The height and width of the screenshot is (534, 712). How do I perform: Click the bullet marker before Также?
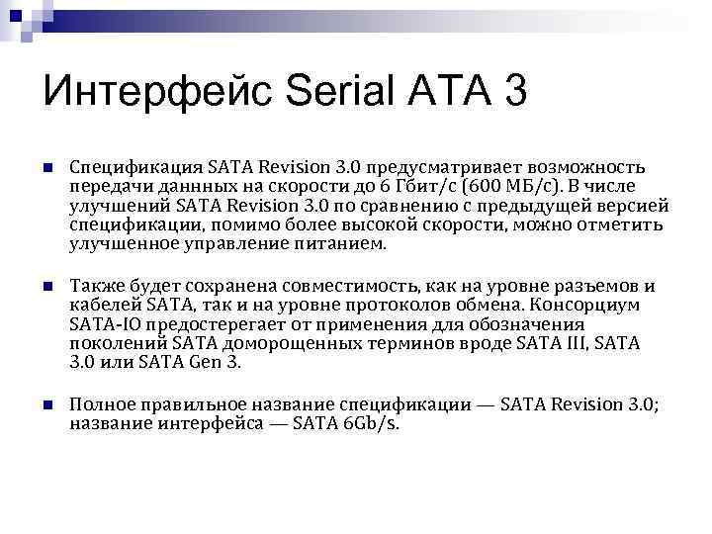[x=47, y=287]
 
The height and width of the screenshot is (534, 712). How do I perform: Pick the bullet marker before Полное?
[x=47, y=405]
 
